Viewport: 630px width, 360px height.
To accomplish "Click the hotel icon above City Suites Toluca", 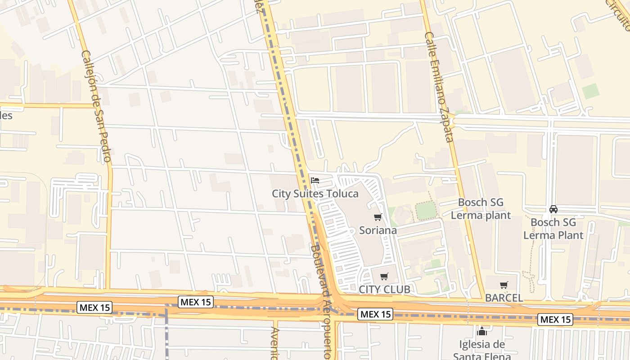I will (315, 181).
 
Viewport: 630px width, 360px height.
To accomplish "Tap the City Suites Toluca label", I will (315, 194).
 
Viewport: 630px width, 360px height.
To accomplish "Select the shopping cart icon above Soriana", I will (378, 217).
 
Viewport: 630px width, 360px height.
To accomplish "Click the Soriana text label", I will (378, 230).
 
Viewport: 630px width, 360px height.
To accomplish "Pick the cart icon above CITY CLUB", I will (384, 277).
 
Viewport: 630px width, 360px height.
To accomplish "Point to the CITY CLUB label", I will (384, 289).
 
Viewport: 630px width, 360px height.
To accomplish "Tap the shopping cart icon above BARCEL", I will (504, 285).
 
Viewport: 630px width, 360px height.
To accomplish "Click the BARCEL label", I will (504, 298).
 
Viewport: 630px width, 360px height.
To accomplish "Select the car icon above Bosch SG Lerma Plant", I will (553, 209).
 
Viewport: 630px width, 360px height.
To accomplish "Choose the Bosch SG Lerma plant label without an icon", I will (481, 209).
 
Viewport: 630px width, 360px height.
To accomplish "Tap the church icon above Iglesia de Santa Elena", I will (482, 332).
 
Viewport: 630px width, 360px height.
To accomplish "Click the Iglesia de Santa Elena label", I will (482, 351).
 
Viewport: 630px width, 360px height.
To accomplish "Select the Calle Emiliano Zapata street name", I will (439, 86).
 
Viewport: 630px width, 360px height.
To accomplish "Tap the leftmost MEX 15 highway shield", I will (94, 308).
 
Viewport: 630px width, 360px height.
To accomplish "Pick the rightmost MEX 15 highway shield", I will (556, 319).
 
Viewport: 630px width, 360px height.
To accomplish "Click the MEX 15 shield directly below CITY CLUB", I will (375, 314).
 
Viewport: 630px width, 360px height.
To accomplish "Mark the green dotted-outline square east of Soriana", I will (426, 211).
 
